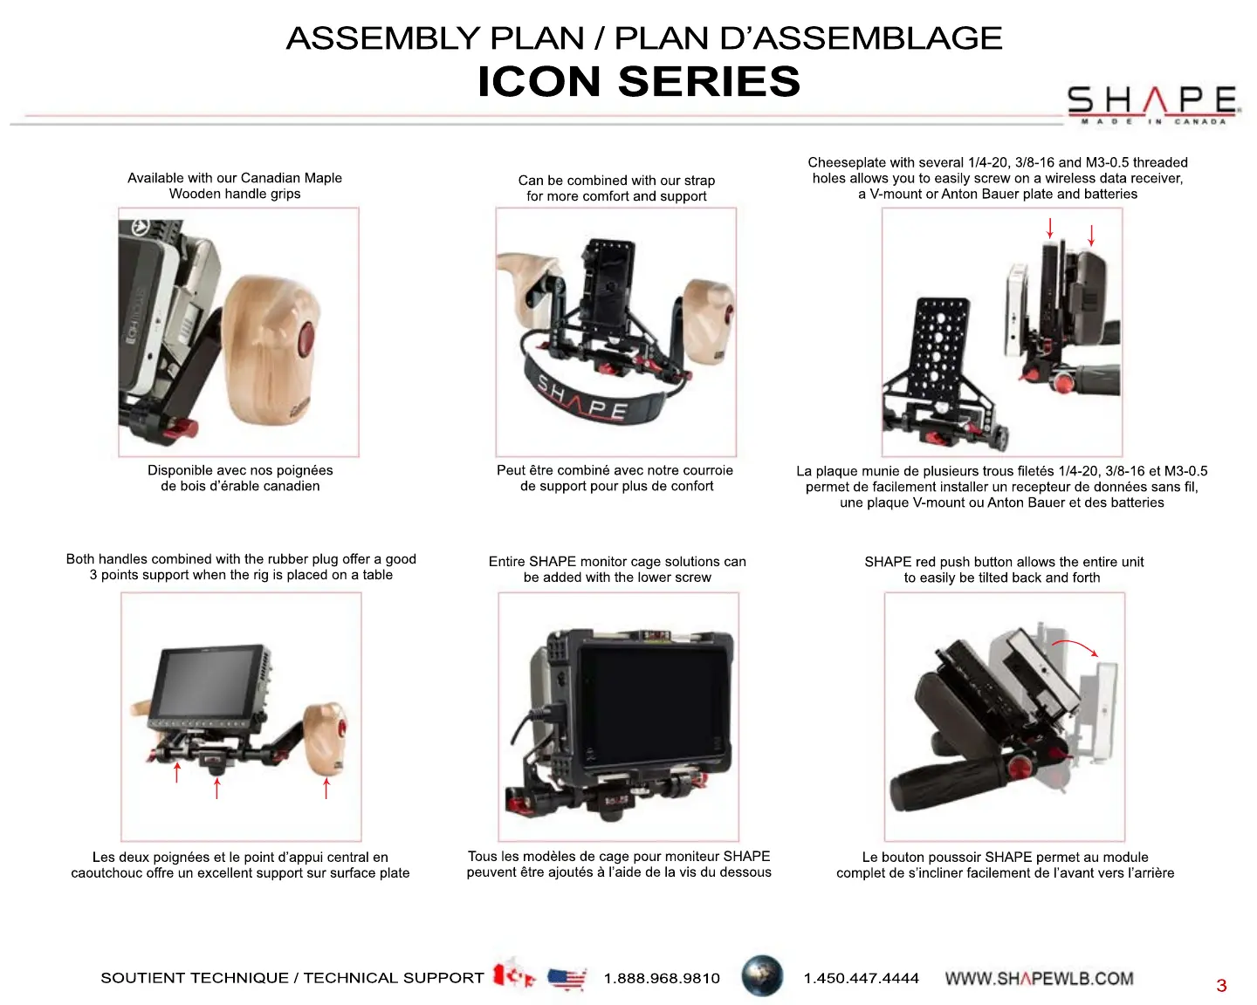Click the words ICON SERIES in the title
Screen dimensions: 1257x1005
point(638,82)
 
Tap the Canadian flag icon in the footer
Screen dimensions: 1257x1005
point(513,975)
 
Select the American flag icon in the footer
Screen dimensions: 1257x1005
point(567,978)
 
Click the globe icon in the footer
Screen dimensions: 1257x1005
point(762,976)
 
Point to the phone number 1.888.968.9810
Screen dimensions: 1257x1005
point(662,978)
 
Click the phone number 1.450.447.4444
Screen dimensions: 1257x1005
point(861,978)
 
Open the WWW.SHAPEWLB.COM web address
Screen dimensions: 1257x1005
point(1039,978)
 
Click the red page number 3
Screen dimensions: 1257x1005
point(1221,985)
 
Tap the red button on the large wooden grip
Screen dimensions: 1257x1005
point(306,339)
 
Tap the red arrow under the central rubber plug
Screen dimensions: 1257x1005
point(216,788)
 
